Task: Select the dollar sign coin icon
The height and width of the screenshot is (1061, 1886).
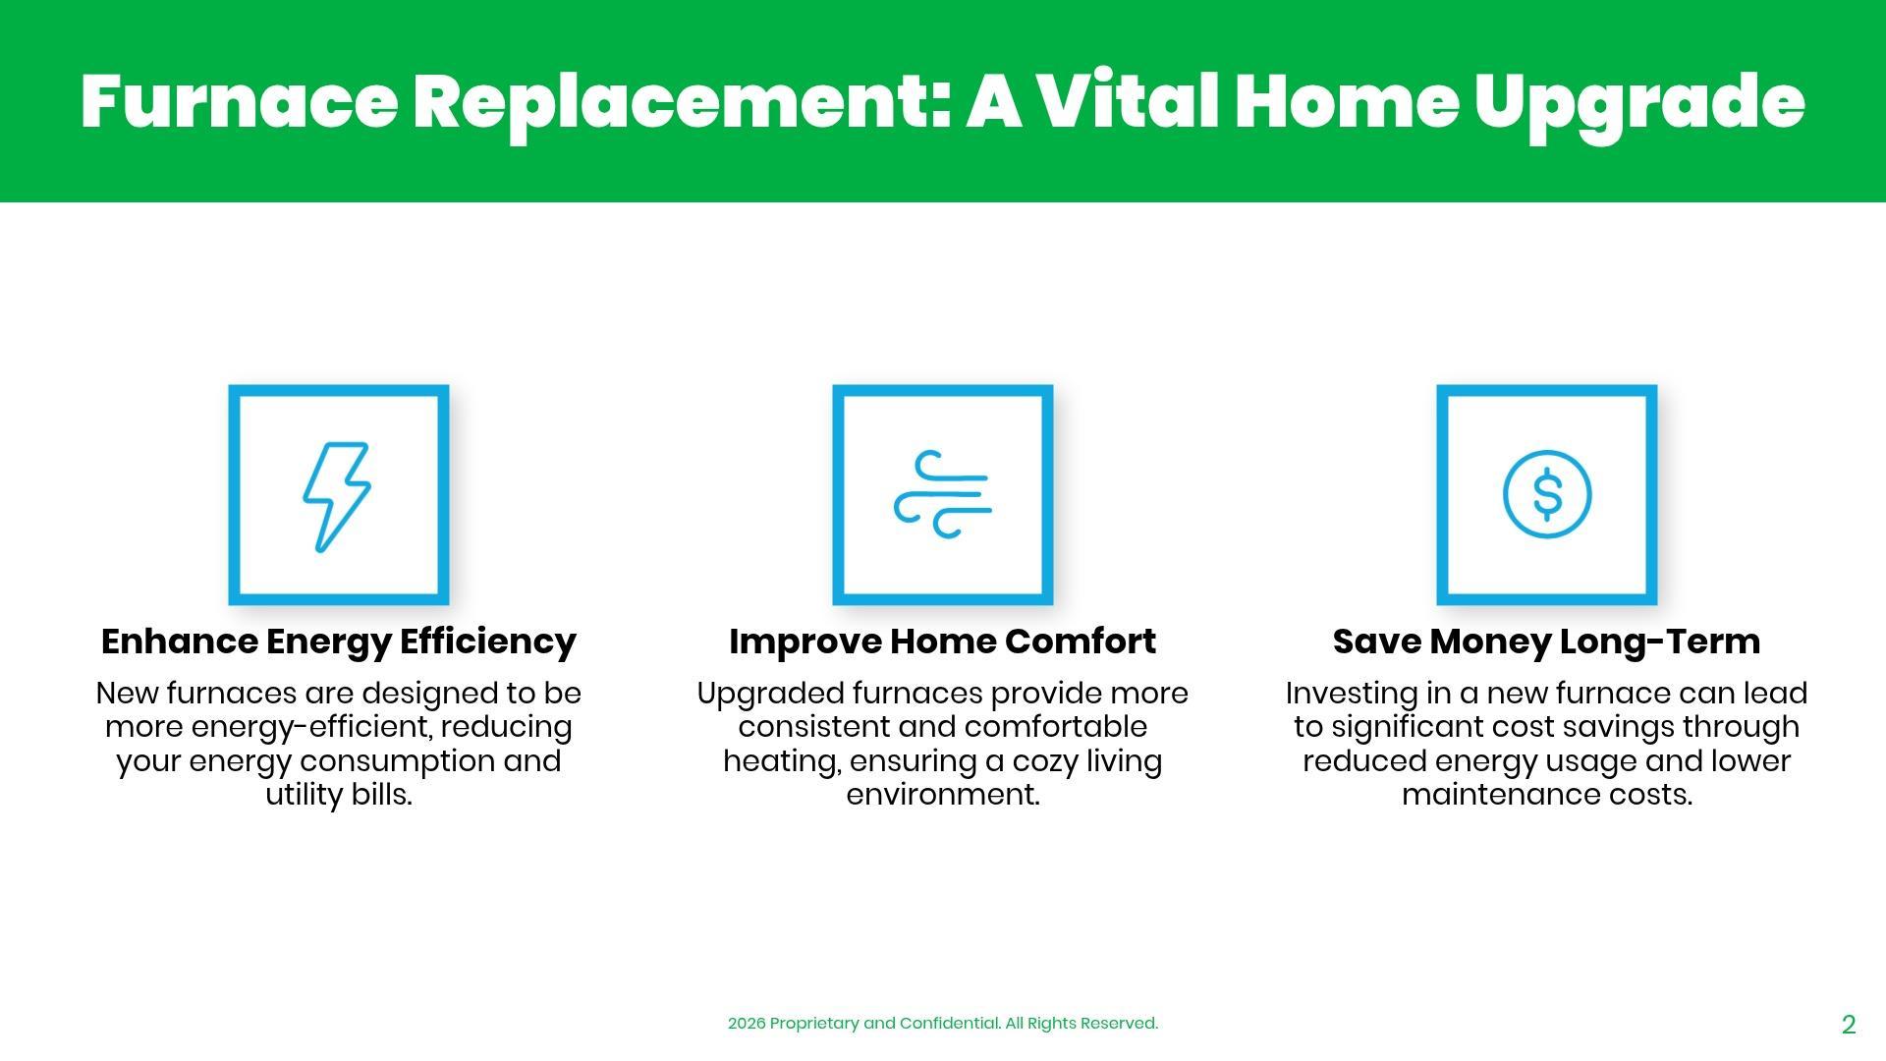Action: [x=1547, y=494]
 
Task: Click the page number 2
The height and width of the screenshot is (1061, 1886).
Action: [x=1849, y=1025]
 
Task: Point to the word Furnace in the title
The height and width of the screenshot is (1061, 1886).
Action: [x=239, y=102]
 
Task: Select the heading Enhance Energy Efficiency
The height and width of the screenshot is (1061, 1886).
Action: [x=339, y=642]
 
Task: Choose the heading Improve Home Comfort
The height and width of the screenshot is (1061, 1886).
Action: [x=943, y=642]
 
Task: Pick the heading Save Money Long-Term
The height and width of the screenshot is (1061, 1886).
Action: [x=1547, y=642]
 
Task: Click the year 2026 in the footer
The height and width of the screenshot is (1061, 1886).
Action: [x=747, y=1024]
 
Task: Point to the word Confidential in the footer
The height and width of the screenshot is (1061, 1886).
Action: [x=949, y=1024]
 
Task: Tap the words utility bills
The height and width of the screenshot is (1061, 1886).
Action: [x=339, y=795]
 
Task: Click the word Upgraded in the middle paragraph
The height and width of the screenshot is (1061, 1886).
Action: [x=771, y=695]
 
